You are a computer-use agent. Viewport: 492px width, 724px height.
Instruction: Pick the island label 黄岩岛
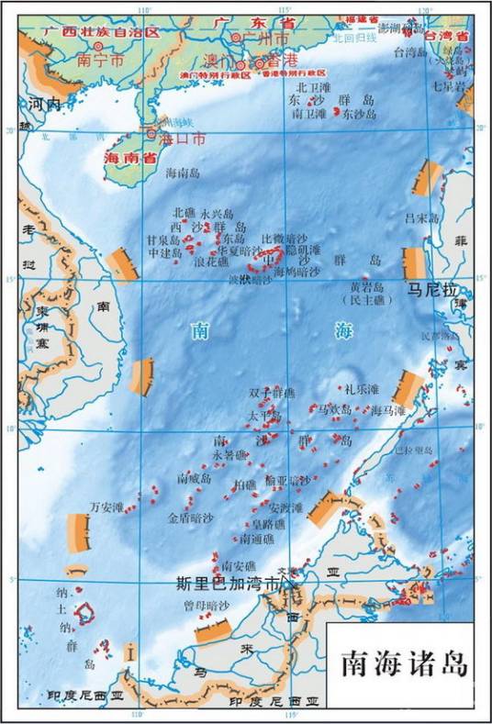[x=365, y=287]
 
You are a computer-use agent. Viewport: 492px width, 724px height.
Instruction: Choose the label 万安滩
[x=106, y=506]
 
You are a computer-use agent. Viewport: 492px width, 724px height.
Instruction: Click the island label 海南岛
[x=184, y=173]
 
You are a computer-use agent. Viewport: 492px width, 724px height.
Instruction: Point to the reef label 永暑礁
[x=229, y=455]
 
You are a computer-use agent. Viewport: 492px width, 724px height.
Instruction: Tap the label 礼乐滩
[x=362, y=390]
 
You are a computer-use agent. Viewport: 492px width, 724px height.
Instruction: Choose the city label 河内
[x=44, y=105]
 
